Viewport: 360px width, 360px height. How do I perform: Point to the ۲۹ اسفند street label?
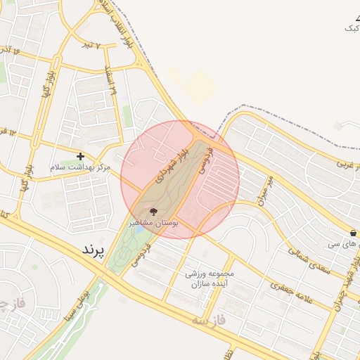pos(111,84)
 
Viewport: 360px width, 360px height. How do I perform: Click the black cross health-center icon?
pos(80,156)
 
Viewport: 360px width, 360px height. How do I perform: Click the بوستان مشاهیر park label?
pos(153,222)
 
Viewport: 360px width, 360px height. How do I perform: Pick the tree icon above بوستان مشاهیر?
pos(153,211)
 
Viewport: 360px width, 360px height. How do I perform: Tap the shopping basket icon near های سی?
pos(352,233)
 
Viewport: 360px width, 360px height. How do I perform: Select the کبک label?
pos(352,27)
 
